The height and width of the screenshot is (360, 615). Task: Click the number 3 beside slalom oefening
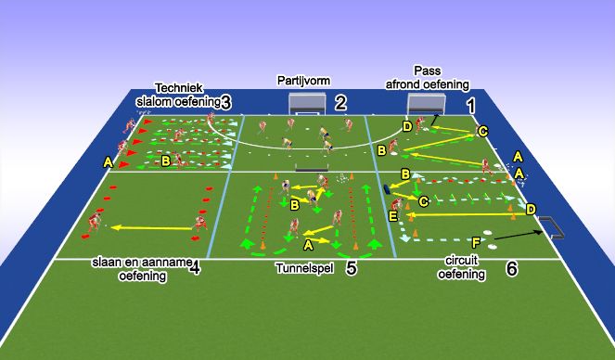coord(226,101)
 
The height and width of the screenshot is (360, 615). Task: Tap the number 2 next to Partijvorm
coord(341,102)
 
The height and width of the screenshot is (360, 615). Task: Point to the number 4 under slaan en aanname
coord(194,268)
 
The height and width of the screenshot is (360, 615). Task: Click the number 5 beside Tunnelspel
coord(351,268)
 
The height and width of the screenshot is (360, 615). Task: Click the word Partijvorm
coord(303,81)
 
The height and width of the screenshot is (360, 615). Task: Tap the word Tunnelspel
coord(304,268)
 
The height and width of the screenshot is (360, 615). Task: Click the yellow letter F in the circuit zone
coord(476,242)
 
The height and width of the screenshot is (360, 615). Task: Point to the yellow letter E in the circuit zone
coord(393,215)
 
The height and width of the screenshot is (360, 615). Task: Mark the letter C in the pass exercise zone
coord(482,133)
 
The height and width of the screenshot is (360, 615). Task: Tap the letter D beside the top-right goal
coord(407,125)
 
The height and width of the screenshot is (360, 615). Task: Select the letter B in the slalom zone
coord(165,161)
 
